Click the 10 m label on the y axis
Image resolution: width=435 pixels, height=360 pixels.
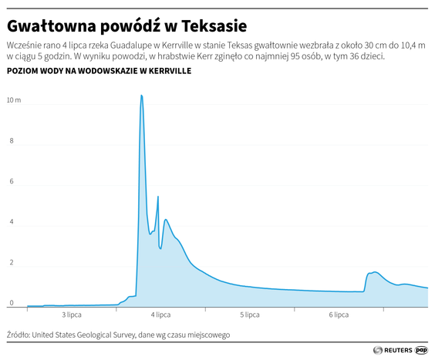point(14,101)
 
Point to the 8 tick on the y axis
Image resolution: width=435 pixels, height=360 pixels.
point(10,141)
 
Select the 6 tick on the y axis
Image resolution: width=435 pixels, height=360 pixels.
point(10,182)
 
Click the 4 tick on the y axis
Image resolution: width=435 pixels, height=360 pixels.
point(10,222)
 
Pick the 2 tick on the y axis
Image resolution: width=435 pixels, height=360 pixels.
point(10,263)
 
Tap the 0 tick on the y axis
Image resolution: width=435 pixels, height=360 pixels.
point(10,303)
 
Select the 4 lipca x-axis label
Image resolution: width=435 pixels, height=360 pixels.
point(160,315)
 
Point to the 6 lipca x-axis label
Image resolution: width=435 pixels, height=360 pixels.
point(339,315)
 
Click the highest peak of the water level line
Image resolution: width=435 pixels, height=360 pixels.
point(141,96)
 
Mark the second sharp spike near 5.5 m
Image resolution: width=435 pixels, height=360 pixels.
point(158,197)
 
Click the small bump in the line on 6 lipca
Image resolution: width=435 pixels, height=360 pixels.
point(374,272)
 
